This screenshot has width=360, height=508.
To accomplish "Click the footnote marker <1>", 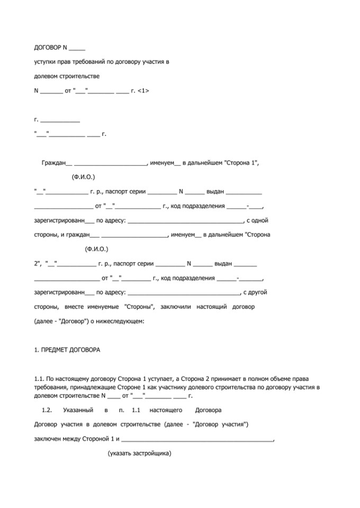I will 142,90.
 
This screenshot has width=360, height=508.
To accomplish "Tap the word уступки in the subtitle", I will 45,62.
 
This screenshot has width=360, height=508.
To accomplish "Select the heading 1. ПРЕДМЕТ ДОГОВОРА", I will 67,350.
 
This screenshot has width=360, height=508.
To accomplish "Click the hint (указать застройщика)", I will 140,453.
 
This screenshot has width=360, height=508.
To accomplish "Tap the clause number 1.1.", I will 40,378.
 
